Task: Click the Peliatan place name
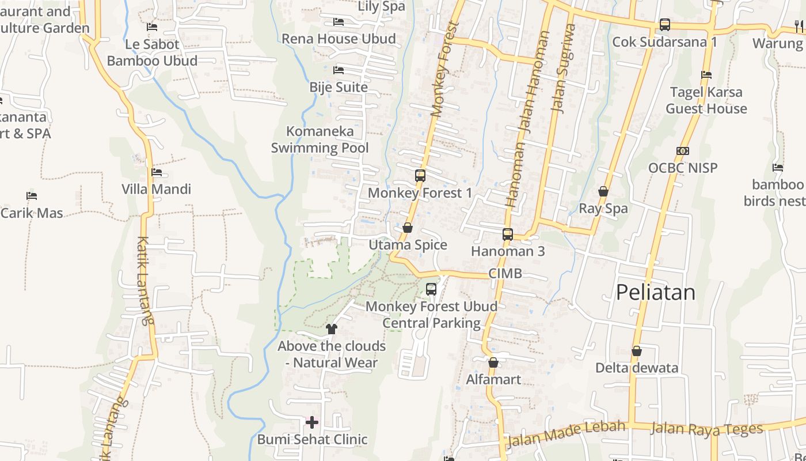point(655,292)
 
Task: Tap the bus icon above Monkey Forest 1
point(420,176)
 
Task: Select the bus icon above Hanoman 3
point(507,234)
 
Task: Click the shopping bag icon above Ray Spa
point(603,191)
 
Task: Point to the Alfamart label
point(493,379)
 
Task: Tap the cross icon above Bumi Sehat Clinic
point(311,422)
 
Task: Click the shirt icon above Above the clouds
point(331,329)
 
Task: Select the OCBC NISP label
point(683,168)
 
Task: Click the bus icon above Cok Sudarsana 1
point(665,25)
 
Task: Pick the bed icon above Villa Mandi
point(156,172)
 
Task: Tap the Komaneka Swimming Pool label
point(320,139)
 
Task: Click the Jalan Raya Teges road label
point(706,429)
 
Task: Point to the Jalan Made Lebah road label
point(565,434)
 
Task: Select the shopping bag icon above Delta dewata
point(637,350)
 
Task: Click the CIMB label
point(505,273)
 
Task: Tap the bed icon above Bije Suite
point(339,70)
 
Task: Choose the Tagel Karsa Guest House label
point(706,100)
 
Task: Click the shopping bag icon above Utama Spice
point(408,228)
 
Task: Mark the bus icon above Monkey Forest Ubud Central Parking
point(431,289)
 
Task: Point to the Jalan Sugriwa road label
point(563,68)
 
